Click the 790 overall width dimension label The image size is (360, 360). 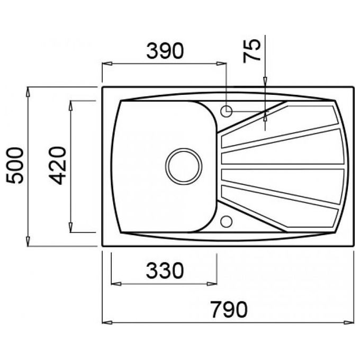[229, 310]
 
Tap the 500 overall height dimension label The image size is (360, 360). [15, 165]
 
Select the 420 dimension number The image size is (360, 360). [57, 165]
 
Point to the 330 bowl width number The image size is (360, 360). [165, 270]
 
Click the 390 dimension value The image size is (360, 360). [165, 50]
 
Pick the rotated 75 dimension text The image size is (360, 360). [252, 51]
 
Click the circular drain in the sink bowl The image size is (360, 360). [184, 166]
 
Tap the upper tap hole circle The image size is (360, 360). [227, 111]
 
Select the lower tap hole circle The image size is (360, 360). [227, 221]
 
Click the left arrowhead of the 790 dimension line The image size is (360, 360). [107, 322]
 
